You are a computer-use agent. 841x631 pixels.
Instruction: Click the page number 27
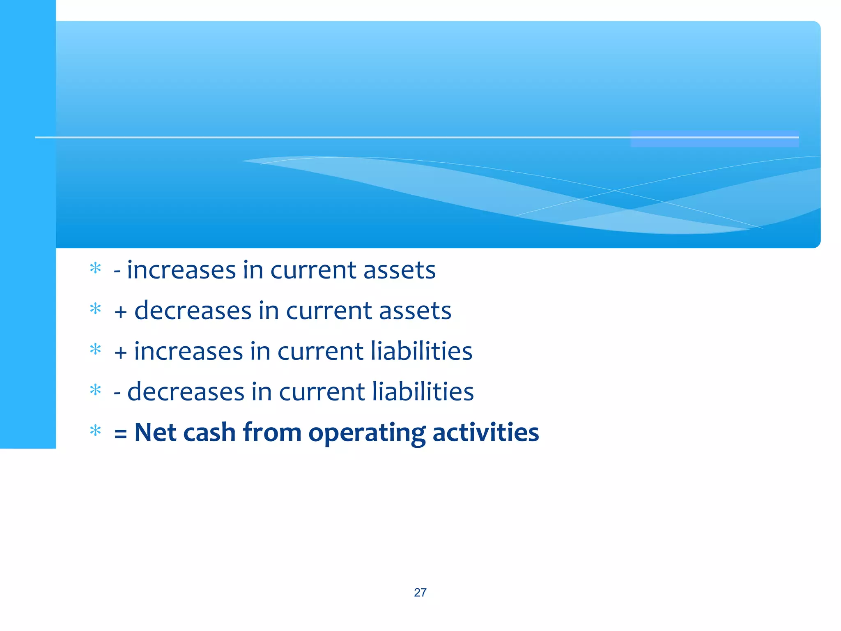click(x=420, y=592)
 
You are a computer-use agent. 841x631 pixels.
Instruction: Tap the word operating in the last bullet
click(x=367, y=433)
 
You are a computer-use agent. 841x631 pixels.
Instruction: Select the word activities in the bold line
click(x=485, y=433)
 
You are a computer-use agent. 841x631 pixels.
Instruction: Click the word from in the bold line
click(x=272, y=433)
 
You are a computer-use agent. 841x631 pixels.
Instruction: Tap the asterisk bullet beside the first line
click(x=95, y=269)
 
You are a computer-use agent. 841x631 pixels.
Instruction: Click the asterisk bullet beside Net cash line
click(x=95, y=431)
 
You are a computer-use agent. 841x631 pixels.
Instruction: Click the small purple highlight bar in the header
click(x=715, y=139)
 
